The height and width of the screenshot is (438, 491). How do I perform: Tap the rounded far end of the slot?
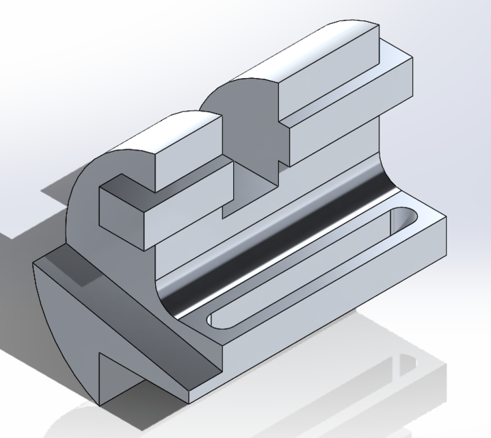pos(402,218)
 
